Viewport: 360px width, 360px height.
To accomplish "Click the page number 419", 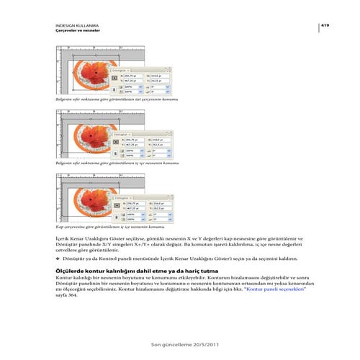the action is click(325, 24).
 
